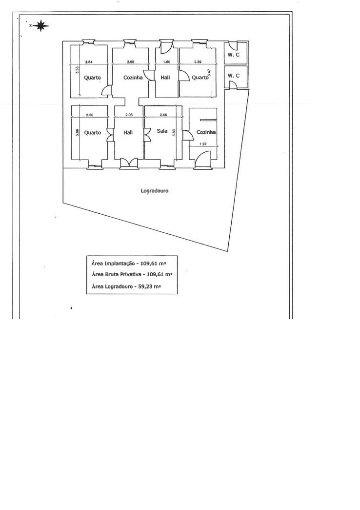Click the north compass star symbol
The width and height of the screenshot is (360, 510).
click(41, 25)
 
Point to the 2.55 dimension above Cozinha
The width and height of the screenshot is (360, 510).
click(130, 62)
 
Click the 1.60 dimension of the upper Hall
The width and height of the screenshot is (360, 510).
click(166, 62)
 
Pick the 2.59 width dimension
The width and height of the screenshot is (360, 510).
click(198, 62)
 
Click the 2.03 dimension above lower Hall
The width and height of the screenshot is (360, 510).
click(129, 115)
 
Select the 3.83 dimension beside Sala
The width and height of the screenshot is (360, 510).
click(174, 133)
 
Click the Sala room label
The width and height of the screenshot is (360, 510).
click(162, 131)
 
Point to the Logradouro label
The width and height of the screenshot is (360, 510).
click(155, 191)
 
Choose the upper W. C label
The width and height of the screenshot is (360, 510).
click(234, 55)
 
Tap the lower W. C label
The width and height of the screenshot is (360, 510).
click(234, 76)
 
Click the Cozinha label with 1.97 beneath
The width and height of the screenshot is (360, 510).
click(206, 132)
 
